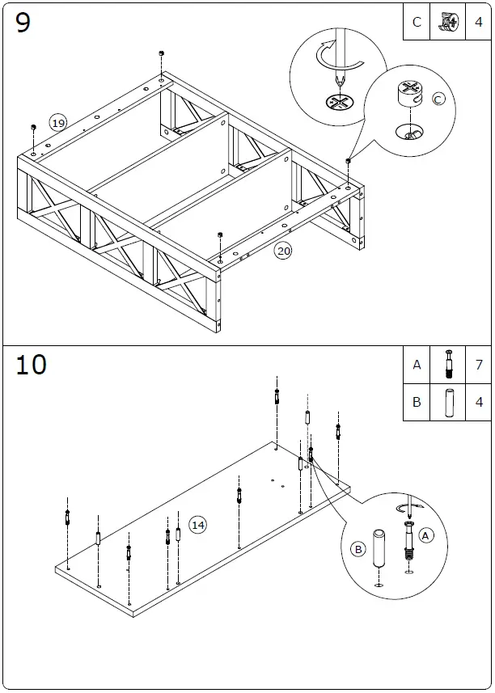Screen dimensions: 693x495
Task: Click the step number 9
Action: [x=23, y=23]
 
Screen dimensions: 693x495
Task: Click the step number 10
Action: [x=31, y=365]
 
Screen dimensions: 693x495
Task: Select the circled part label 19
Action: [x=57, y=123]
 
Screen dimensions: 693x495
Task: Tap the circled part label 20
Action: [x=283, y=251]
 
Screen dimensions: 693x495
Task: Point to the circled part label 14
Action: [x=197, y=525]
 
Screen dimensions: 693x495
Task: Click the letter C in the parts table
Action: [x=417, y=23]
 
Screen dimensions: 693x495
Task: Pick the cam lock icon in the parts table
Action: [x=447, y=22]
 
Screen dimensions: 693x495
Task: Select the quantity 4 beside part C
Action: [x=478, y=23]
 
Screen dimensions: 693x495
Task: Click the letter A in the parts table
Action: [x=417, y=365]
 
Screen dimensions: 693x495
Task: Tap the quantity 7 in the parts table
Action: [x=478, y=365]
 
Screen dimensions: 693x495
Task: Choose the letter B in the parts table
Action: [x=417, y=402]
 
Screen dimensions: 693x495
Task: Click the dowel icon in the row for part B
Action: [x=447, y=402]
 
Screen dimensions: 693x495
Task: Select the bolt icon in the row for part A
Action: [x=447, y=365]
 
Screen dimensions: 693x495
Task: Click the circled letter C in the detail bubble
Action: [x=438, y=99]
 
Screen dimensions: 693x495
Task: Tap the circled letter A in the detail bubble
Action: [x=427, y=535]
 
